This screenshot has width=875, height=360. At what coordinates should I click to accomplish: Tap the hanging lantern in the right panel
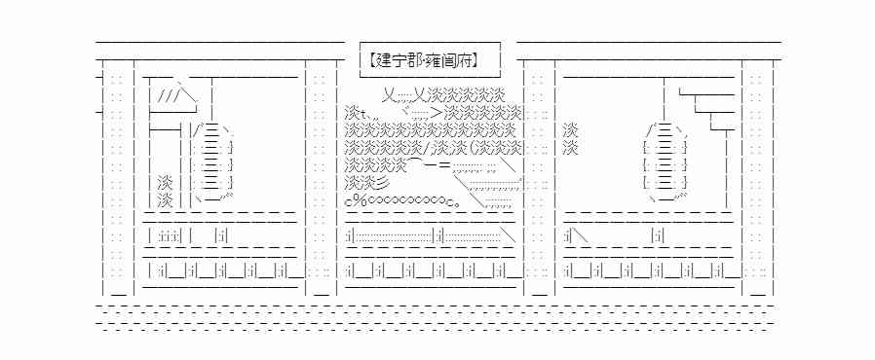click(666, 162)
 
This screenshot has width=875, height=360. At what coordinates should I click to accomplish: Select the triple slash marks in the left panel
click(168, 96)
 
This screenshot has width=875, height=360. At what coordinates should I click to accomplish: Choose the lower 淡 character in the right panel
click(572, 148)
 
